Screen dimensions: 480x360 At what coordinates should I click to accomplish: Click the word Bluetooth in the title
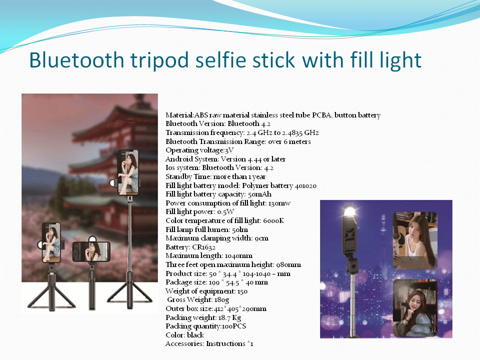coord(76,60)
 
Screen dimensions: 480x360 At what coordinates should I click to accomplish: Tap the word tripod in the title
coord(159,61)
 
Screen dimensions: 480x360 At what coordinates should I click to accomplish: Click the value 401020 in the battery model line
coord(305,186)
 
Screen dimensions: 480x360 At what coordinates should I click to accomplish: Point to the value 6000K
coord(273,220)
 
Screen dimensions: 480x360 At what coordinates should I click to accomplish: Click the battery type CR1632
coord(203,247)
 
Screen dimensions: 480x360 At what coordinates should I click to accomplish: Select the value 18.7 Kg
coord(229,318)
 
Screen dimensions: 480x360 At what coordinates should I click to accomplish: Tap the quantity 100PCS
coord(234,326)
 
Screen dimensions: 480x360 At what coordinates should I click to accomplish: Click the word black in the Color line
coord(195,335)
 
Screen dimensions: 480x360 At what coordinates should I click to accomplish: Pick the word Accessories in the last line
coord(184,344)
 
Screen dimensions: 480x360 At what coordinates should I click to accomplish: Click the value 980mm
coord(288,265)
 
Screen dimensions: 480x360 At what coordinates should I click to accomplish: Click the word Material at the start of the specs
coord(179,115)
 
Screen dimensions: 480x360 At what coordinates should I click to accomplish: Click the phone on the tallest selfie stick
coord(128,172)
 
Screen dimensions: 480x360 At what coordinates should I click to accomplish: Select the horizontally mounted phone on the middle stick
coord(91,251)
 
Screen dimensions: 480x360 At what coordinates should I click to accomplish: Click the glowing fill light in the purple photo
coord(349,212)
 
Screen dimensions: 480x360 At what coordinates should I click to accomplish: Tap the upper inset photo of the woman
coord(415,240)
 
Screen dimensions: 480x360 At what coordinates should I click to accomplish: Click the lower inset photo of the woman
coord(415,307)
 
